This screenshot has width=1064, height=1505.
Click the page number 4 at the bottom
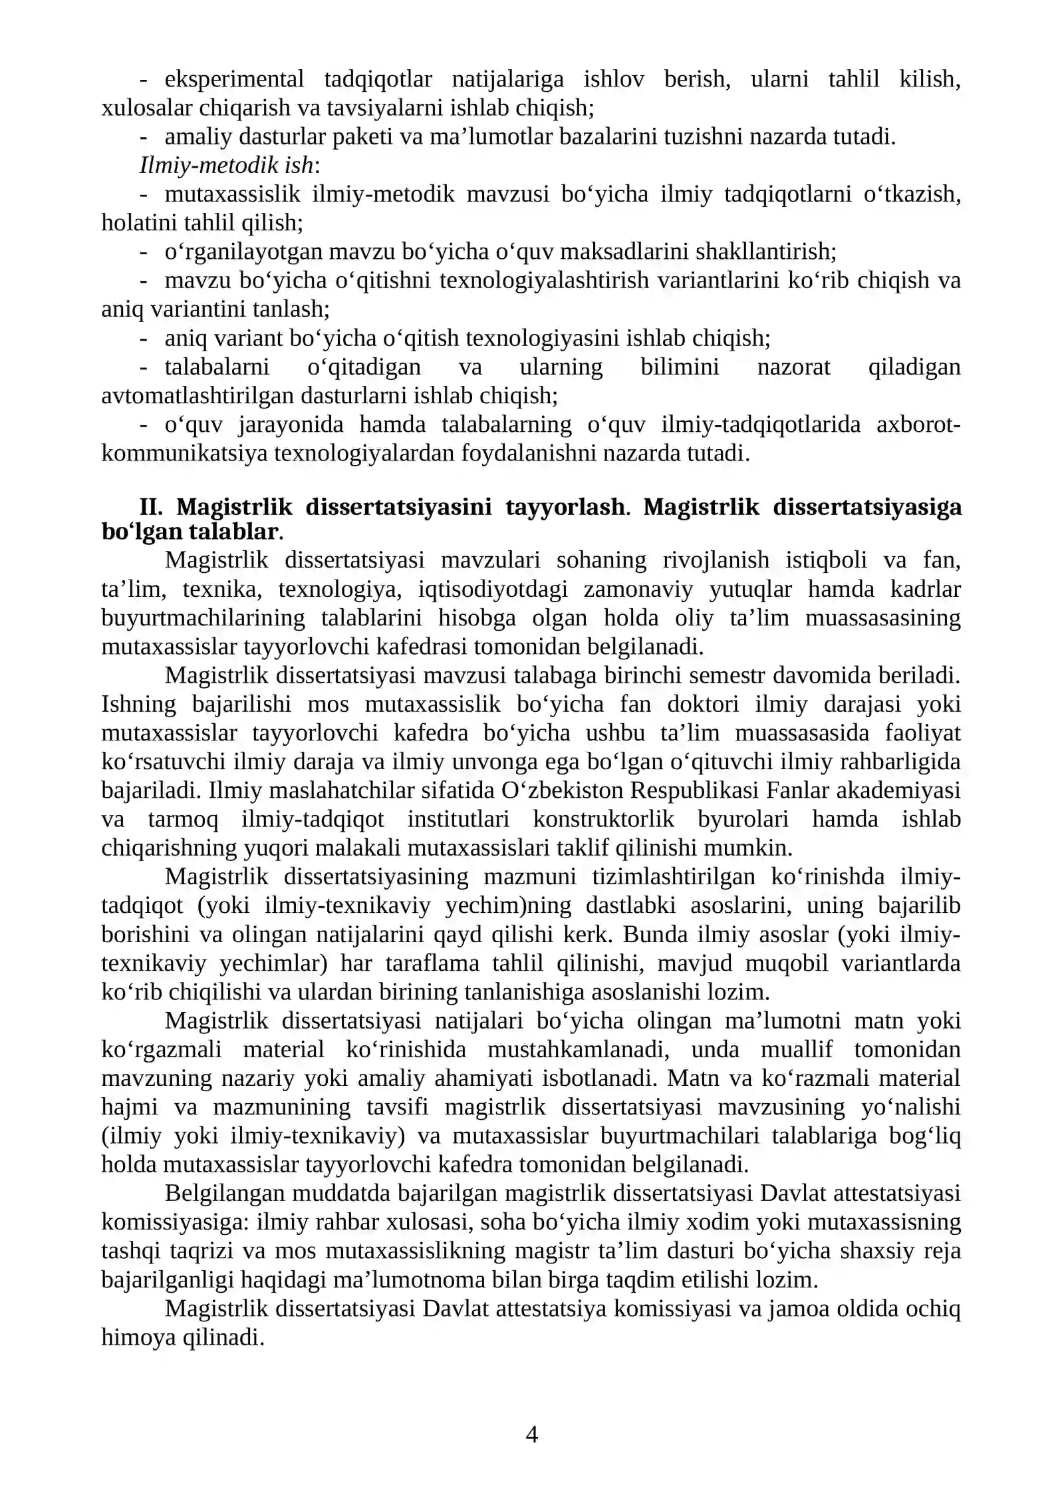click(531, 1434)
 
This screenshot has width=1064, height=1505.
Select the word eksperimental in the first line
click(234, 79)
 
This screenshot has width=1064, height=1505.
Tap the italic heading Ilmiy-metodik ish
click(226, 166)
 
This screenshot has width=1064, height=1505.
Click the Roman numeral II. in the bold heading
click(151, 507)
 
